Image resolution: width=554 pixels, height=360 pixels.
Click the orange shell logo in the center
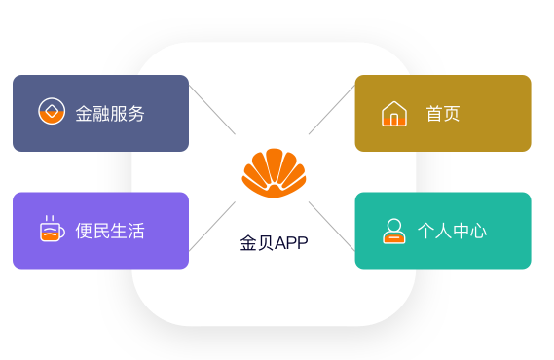(x=274, y=172)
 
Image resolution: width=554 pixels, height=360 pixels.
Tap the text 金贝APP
(x=274, y=243)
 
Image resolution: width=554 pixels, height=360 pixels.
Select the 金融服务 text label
(x=110, y=114)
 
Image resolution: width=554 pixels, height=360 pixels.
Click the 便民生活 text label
(x=110, y=231)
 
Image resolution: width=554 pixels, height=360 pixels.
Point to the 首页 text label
(x=442, y=114)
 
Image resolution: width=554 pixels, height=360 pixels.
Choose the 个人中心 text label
(x=452, y=231)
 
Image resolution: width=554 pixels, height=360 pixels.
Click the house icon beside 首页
(x=393, y=114)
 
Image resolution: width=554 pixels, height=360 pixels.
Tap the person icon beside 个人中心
(x=393, y=231)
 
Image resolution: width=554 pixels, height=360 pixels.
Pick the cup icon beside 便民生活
(x=51, y=230)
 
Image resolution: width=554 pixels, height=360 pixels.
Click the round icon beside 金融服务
(x=51, y=112)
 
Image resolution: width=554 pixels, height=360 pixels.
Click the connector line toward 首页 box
(x=332, y=110)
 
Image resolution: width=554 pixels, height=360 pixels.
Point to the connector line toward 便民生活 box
(x=212, y=225)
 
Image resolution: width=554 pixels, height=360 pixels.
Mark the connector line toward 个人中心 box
(x=332, y=225)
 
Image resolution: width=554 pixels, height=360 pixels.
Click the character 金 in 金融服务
(x=85, y=114)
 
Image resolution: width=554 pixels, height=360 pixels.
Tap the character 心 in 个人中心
(x=478, y=231)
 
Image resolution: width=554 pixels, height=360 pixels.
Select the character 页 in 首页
(x=451, y=114)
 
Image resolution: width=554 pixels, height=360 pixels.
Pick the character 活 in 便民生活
(x=136, y=231)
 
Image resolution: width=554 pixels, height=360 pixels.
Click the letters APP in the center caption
(x=291, y=243)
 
